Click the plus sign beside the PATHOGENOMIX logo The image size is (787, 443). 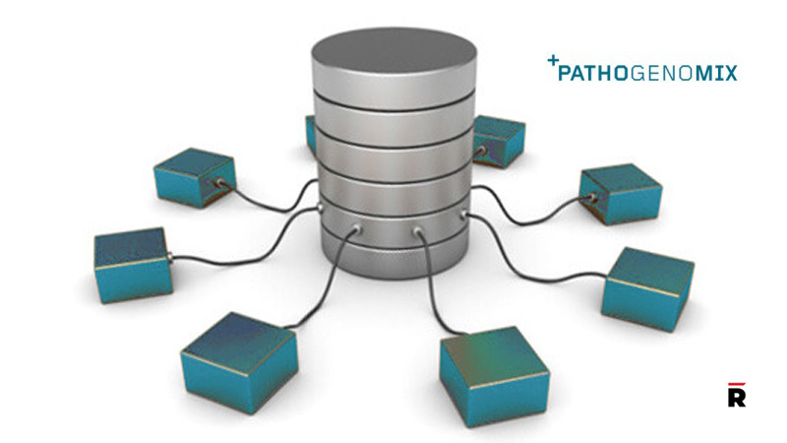tap(553, 61)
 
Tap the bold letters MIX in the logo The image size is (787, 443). tap(714, 73)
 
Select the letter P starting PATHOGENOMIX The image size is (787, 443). tap(566, 73)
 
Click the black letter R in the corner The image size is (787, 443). tap(736, 397)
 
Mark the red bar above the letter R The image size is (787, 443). tap(736, 383)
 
